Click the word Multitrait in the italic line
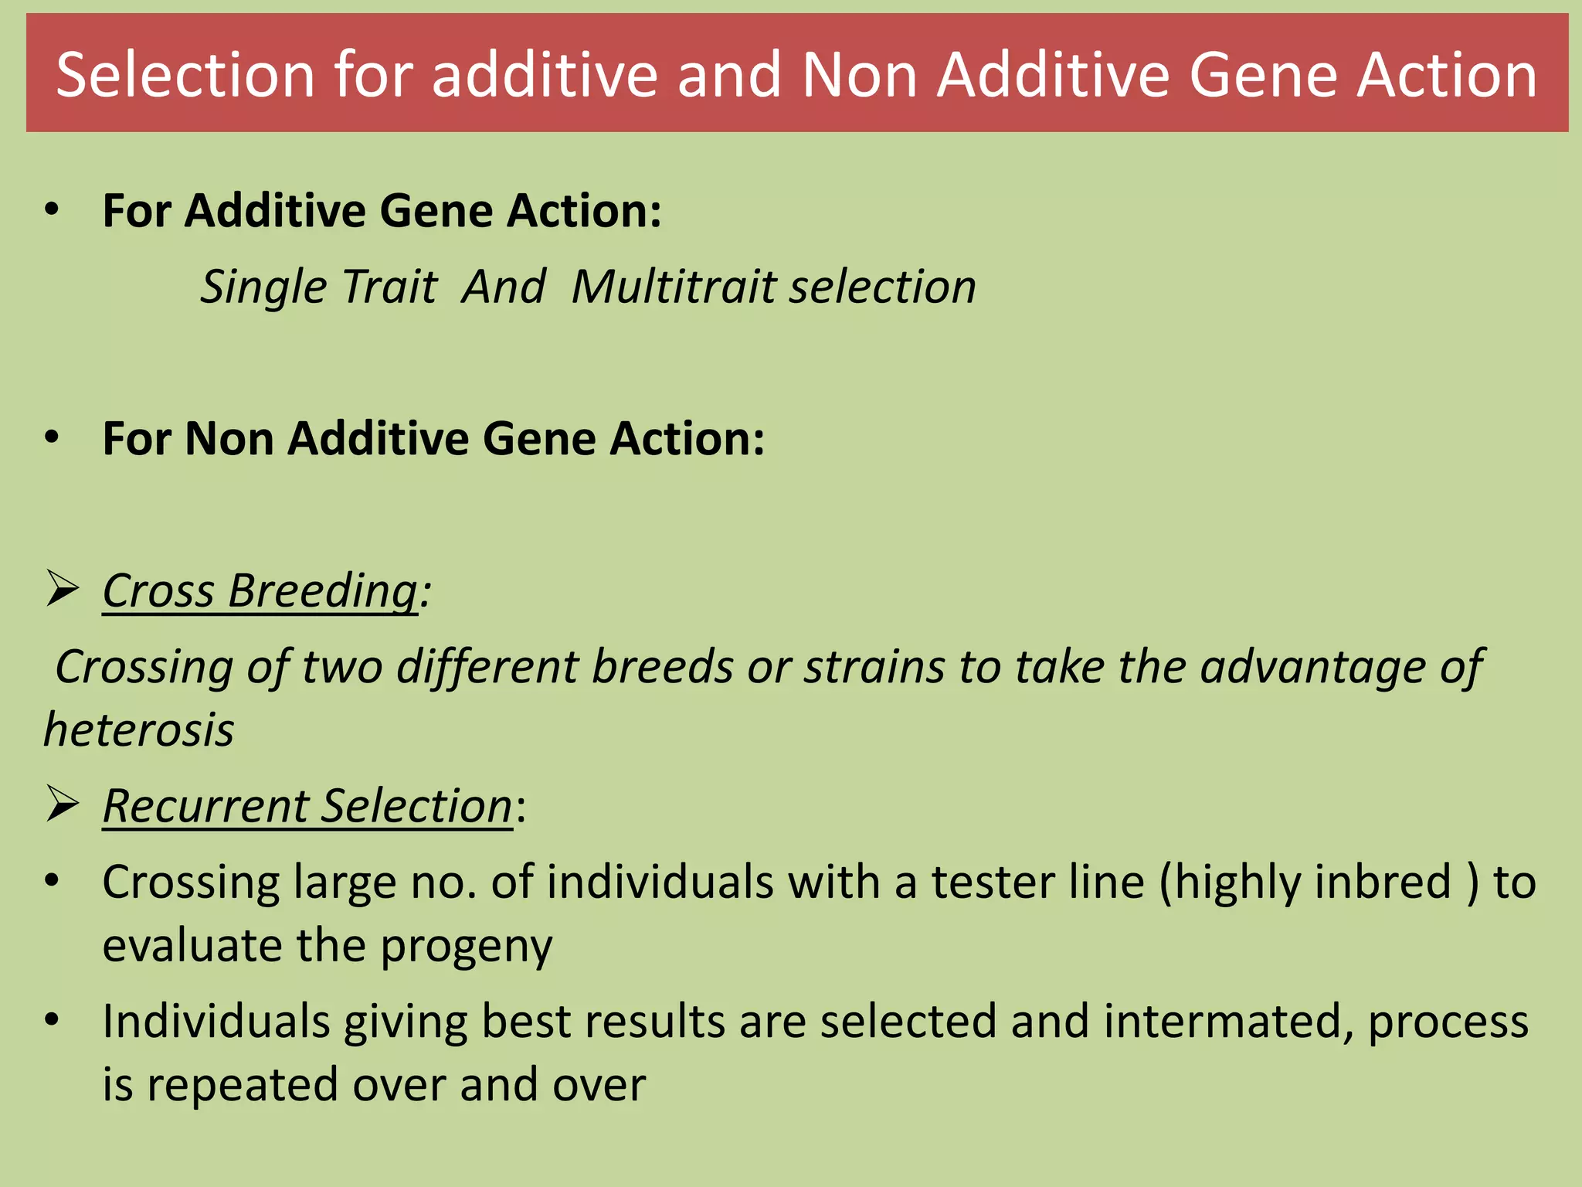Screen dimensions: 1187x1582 pos(673,287)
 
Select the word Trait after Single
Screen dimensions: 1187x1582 pos(389,287)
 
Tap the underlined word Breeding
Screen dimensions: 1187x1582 pos(323,591)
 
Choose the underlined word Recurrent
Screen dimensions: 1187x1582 pos(205,806)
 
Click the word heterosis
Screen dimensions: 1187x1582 pos(139,730)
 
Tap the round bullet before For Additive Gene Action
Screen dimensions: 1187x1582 pos(52,209)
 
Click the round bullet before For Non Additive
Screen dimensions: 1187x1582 pos(52,437)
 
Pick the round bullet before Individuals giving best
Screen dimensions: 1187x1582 pos(52,1020)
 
